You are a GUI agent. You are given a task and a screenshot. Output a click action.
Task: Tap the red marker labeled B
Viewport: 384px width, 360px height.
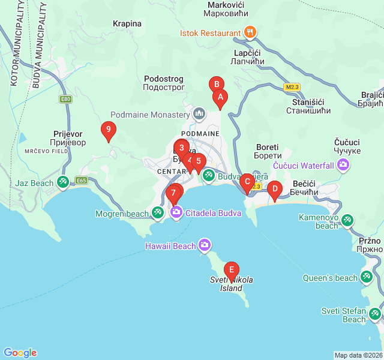coord(216,85)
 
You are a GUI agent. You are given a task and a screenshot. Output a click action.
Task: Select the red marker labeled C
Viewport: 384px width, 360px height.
coord(246,182)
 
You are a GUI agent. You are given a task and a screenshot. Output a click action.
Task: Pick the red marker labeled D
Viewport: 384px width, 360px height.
coord(275,189)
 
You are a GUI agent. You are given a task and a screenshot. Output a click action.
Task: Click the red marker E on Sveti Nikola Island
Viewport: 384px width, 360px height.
coord(231,270)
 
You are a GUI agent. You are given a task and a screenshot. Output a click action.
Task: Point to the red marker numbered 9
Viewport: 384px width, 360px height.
coord(108,129)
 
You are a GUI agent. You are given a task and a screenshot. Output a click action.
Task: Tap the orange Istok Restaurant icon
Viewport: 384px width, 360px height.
coord(251,32)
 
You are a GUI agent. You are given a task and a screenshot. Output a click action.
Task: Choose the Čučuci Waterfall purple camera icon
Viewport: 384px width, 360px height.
coord(343,165)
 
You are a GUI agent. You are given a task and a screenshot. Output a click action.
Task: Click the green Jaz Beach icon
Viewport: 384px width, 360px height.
coord(63,181)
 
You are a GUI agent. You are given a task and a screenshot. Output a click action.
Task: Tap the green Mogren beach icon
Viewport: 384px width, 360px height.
coord(158,212)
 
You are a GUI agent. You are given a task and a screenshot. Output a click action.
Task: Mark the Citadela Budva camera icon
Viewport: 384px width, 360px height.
coord(176,212)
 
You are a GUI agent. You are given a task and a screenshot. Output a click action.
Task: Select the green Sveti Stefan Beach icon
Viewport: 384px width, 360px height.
coord(375,314)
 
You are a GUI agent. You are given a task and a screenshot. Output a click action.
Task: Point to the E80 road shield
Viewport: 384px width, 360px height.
coord(65,99)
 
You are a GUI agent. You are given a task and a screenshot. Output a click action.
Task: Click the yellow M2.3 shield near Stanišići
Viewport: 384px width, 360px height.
coord(292,87)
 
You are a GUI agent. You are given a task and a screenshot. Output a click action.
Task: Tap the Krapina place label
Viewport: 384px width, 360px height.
coord(127,24)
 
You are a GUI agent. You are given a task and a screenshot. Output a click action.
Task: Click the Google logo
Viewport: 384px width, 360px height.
coord(20,353)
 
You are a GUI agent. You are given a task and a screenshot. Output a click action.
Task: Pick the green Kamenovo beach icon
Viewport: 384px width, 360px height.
coord(347,221)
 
